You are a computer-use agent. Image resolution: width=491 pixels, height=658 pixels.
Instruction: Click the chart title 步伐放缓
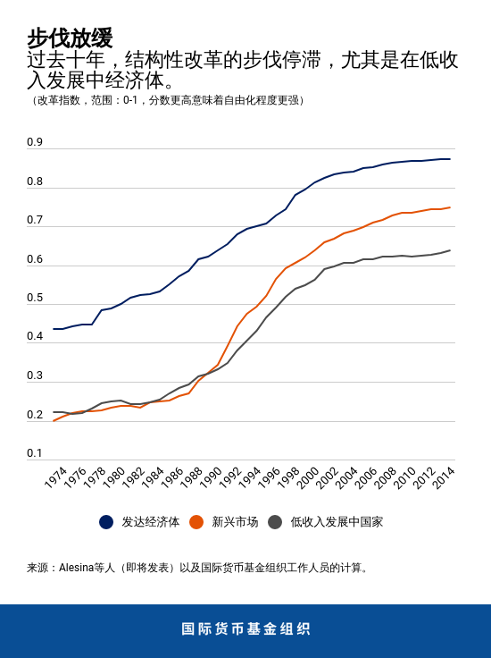[70, 38]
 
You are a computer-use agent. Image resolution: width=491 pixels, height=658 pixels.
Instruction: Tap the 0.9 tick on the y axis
[35, 142]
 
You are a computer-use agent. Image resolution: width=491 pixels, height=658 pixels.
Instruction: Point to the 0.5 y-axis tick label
[35, 298]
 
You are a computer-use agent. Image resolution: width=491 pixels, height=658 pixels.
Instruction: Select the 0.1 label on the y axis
[35, 453]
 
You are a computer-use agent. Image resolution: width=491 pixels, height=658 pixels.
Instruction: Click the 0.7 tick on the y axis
[35, 220]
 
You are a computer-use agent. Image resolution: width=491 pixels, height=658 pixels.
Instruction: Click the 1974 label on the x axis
[55, 477]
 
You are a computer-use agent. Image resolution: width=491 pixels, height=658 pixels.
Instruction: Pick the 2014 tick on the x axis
[444, 477]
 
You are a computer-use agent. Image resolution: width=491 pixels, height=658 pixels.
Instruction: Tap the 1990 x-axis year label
[211, 477]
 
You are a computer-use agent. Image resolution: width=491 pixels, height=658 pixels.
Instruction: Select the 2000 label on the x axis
[308, 477]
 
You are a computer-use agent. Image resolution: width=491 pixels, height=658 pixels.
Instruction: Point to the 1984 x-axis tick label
[153, 477]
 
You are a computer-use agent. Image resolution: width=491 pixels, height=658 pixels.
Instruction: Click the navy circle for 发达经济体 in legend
[106, 522]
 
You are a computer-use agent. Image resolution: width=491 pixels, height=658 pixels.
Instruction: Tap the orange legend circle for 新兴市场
[196, 522]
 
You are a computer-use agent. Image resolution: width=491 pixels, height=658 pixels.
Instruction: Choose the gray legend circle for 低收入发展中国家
[275, 522]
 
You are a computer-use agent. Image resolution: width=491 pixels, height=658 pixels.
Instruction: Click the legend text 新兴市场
[235, 522]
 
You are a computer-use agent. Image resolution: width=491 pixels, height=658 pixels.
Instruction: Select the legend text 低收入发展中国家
[337, 522]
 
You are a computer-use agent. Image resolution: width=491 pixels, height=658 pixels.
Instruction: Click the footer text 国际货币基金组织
[245, 628]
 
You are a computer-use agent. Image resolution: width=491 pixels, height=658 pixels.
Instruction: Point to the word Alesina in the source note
[78, 568]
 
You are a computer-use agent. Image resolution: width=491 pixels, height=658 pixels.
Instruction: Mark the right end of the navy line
[450, 159]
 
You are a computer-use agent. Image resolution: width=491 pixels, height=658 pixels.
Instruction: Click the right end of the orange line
[450, 207]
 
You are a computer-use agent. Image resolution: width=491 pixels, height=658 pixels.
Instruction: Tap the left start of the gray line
[54, 412]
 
